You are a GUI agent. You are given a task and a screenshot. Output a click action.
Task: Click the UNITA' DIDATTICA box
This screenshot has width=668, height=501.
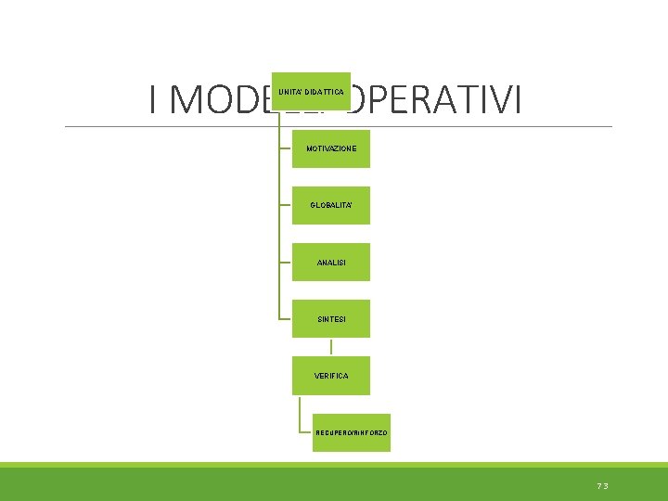point(311,91)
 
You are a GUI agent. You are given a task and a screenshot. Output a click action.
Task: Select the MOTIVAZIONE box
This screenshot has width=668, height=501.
point(330,148)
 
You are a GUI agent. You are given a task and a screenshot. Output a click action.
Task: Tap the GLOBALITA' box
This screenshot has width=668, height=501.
point(330,205)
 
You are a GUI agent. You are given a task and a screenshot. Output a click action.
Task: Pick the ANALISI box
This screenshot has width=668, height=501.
point(330,262)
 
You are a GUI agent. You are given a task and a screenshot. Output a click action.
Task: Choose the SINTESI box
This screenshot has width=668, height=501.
point(330,318)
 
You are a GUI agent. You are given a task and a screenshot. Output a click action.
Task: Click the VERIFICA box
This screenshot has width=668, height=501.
point(330,375)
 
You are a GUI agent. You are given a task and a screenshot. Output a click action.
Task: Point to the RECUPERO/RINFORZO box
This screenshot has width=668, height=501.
point(351,432)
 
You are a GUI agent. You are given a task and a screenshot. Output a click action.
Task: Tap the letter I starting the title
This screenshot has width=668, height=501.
point(154,100)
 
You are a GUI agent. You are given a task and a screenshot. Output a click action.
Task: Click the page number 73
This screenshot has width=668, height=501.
point(603,485)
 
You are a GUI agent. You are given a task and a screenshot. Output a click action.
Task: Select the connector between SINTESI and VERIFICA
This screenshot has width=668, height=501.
point(330,346)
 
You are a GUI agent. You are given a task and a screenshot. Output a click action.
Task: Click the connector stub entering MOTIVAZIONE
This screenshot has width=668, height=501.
point(285,148)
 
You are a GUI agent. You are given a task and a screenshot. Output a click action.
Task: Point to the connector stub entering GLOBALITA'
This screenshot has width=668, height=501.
point(285,205)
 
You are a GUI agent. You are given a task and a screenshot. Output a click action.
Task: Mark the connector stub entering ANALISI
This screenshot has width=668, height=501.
point(285,262)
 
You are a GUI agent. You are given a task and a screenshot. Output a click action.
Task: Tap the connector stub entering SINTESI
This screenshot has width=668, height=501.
point(285,318)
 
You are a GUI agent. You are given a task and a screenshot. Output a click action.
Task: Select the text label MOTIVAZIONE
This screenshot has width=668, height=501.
point(331,148)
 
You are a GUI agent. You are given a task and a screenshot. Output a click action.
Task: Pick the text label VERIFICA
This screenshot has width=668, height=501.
point(331,376)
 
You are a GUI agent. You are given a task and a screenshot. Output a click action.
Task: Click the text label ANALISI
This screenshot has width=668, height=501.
point(331,263)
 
